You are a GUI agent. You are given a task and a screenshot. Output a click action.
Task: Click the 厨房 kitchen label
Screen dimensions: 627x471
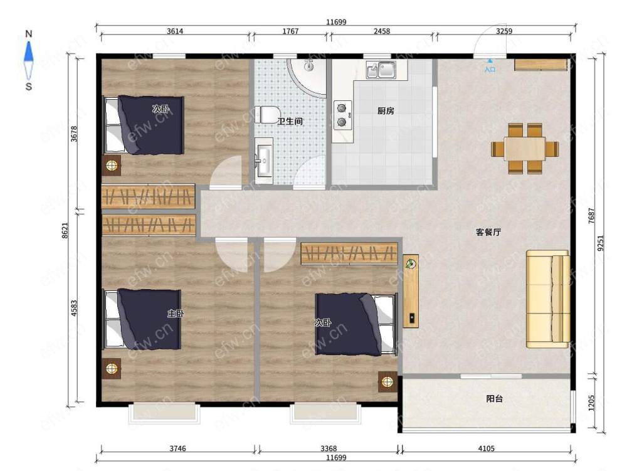point(386,111)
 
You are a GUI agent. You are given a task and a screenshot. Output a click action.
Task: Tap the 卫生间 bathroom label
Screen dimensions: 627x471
point(290,121)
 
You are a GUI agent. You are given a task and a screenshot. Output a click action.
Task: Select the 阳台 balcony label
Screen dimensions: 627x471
point(494,399)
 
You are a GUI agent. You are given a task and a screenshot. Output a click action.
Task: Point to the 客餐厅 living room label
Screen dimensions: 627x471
point(488,232)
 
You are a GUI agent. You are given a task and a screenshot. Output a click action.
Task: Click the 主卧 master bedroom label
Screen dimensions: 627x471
point(176,314)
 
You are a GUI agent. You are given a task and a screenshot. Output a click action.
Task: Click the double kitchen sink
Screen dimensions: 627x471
point(381,70)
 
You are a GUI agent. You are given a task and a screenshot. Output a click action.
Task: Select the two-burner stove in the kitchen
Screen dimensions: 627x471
point(343,115)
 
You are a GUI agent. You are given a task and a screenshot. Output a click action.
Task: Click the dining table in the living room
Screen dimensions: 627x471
point(525,149)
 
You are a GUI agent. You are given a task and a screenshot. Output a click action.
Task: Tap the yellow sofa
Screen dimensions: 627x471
point(548,299)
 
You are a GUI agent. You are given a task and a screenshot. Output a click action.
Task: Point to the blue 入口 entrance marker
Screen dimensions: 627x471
point(490,66)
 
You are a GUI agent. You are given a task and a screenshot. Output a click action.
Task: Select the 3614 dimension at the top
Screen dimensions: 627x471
point(175,31)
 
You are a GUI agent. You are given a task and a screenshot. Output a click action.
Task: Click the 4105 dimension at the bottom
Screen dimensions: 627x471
point(487,448)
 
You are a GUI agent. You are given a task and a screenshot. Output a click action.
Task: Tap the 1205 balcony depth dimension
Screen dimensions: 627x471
point(592,403)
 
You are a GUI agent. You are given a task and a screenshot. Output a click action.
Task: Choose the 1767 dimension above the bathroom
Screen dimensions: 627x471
point(290,31)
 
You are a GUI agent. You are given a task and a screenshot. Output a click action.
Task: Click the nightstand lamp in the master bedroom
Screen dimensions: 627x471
point(112,368)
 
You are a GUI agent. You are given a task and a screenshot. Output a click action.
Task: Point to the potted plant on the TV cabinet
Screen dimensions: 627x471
point(410,263)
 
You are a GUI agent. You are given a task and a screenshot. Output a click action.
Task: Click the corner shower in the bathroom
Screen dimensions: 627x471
point(307,78)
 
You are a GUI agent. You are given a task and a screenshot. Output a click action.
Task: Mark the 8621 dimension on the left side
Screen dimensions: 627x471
point(65,231)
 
